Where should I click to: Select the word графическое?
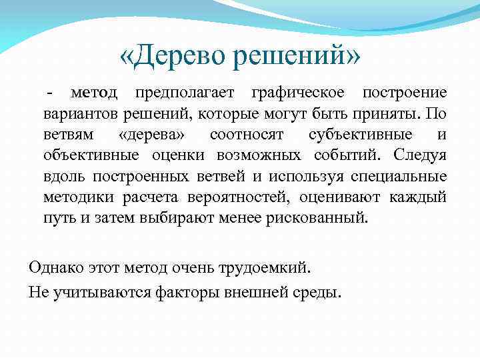pos(298,93)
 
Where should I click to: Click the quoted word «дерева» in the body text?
pos(147,135)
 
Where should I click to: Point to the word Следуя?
pos(420,155)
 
